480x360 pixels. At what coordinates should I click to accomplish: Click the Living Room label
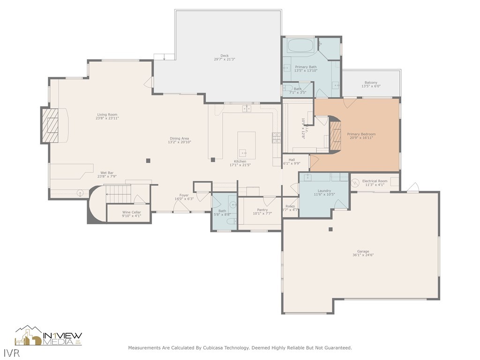pos(107,114)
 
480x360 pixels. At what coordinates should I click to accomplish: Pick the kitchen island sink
pos(243,152)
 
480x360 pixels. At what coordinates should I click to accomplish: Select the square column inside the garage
pos(330,229)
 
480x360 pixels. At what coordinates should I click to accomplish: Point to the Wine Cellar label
pos(132,212)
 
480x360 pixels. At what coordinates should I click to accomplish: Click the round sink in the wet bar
pos(80,193)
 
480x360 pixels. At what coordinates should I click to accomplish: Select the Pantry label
pos(262,210)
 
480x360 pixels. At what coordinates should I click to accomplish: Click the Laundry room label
pos(324,191)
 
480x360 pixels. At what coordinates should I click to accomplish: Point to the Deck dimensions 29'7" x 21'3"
pos(225,60)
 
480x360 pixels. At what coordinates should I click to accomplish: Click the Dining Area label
pos(179,138)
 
